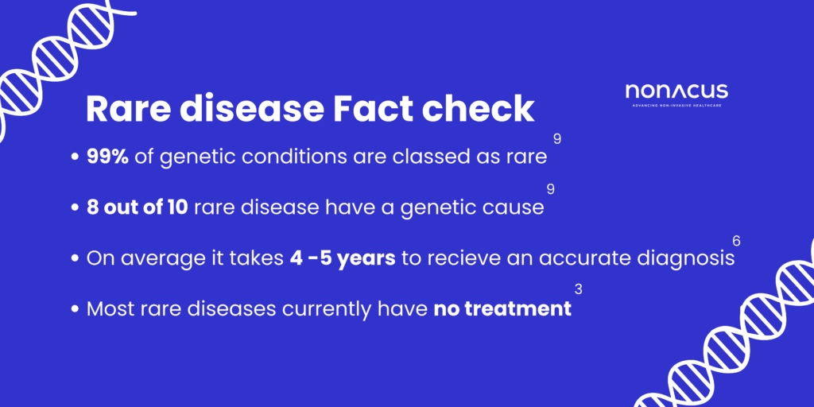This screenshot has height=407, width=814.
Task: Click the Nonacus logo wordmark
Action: (x=676, y=91)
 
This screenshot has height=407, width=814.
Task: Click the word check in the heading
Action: (x=484, y=109)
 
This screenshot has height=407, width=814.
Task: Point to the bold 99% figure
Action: (x=107, y=157)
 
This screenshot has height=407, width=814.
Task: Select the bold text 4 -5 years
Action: (x=343, y=258)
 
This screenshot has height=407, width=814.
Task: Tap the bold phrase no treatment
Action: (x=502, y=308)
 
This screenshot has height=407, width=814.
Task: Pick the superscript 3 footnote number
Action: (x=578, y=290)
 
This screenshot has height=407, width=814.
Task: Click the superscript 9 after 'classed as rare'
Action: (x=557, y=139)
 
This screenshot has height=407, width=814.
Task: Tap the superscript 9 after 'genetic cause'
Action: (x=550, y=189)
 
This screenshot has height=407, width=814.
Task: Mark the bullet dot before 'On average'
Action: (x=76, y=259)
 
